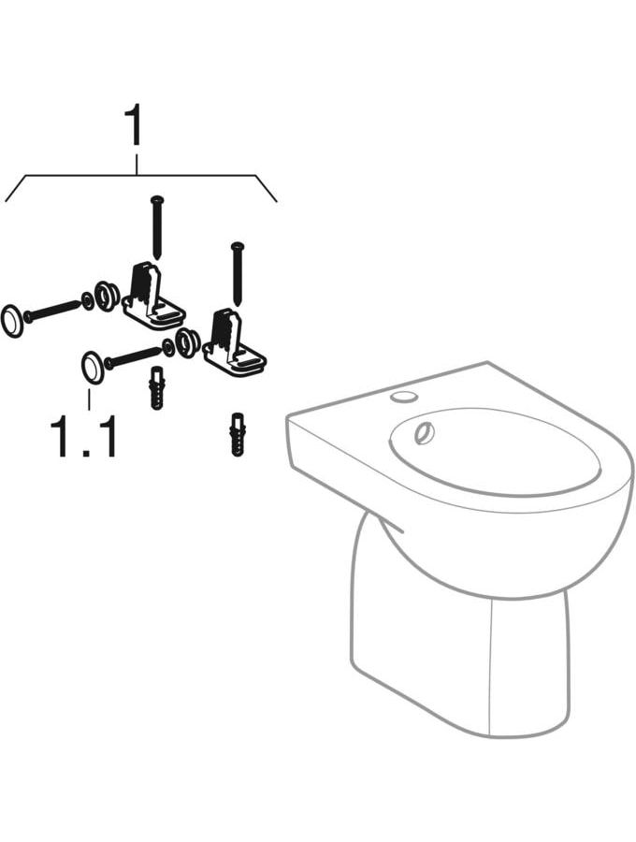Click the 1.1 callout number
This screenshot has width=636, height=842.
click(83, 438)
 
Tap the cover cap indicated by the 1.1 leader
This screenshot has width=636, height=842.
click(93, 368)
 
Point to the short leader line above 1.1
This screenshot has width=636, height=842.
click(89, 400)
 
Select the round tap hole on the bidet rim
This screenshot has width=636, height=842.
click(404, 397)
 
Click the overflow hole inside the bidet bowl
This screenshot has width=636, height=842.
click(425, 433)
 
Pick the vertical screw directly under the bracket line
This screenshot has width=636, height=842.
click(157, 226)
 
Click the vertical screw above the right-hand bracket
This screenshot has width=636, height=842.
click(237, 274)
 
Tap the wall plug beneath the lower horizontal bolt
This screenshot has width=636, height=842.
click(157, 387)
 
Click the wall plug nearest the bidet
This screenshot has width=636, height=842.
click(237, 434)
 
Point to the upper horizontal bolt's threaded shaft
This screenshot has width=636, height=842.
click(52, 312)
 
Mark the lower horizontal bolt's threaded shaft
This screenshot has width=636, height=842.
click(133, 357)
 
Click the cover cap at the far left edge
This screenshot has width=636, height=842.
click(12, 322)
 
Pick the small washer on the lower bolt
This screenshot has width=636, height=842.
click(168, 347)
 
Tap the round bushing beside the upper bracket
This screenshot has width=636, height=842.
click(107, 296)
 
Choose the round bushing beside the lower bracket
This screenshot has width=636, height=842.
click(187, 342)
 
